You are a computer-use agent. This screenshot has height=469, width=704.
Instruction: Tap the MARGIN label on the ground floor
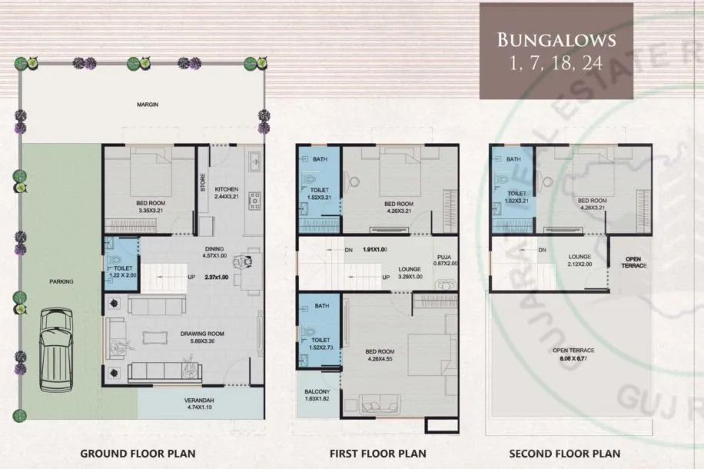pos(148,105)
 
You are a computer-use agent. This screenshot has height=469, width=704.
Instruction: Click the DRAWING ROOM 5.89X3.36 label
pos(202,338)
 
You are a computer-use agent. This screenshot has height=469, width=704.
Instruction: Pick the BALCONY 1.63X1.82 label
pos(317,395)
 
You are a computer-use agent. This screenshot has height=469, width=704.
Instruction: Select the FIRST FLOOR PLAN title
pos(378,454)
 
